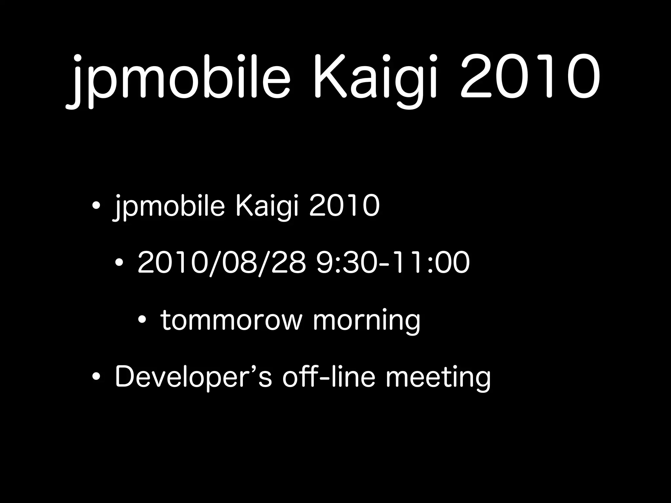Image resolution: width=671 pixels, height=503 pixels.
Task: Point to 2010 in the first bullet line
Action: pyautogui.click(x=344, y=206)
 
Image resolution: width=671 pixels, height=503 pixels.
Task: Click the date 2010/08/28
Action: pyautogui.click(x=221, y=263)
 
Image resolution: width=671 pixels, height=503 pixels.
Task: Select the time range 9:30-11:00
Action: pyautogui.click(x=393, y=263)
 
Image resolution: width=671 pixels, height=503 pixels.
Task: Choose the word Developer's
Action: pyautogui.click(x=193, y=377)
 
